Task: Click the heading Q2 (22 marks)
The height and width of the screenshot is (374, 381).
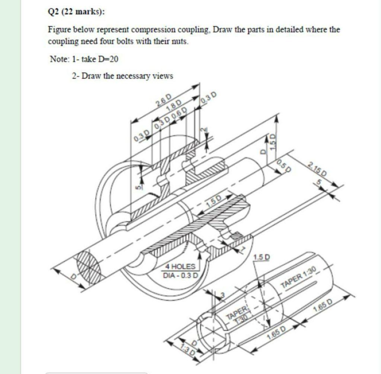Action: click(x=77, y=12)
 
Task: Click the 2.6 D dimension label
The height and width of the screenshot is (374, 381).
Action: click(x=164, y=101)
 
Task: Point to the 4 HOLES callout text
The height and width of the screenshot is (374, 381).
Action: click(x=180, y=267)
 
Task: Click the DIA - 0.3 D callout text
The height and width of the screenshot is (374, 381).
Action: click(x=181, y=276)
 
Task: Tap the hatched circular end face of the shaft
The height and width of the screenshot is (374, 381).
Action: click(x=89, y=267)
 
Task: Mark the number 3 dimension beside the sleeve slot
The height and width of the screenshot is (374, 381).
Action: click(x=223, y=295)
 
